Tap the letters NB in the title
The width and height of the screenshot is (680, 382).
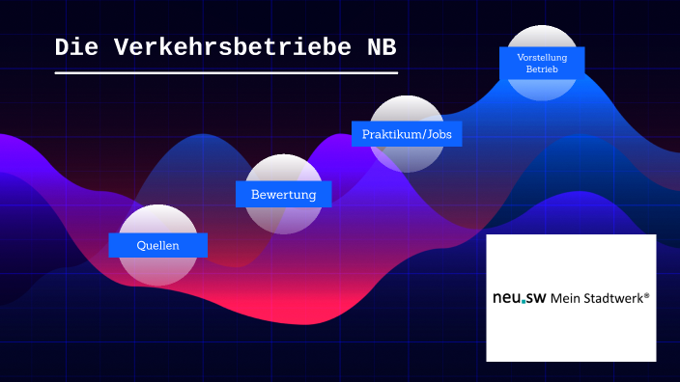pyautogui.click(x=381, y=47)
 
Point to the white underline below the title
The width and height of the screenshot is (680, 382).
pyautogui.click(x=225, y=72)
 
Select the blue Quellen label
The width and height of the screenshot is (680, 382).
pyautogui.click(x=157, y=245)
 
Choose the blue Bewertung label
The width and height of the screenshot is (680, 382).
pyautogui.click(x=283, y=194)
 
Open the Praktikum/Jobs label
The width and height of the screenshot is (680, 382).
pyautogui.click(x=406, y=133)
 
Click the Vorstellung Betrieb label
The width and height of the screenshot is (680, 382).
pyautogui.click(x=542, y=64)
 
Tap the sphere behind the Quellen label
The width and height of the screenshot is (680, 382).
pyautogui.click(x=157, y=270)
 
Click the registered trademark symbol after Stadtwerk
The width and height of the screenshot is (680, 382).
pyautogui.click(x=646, y=295)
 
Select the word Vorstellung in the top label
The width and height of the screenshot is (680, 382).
pyautogui.click(x=542, y=58)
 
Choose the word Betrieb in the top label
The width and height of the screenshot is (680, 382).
pyautogui.click(x=542, y=70)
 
